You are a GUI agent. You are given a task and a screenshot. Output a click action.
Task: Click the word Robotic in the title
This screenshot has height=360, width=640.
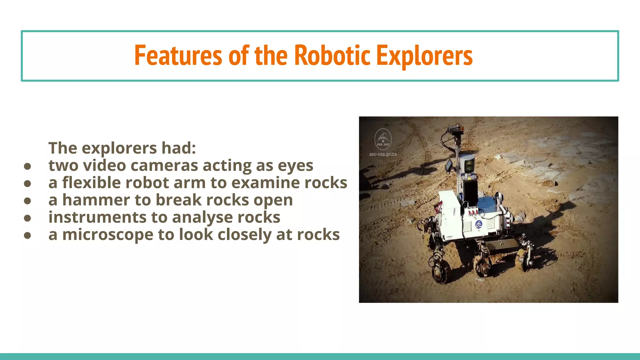click(332, 56)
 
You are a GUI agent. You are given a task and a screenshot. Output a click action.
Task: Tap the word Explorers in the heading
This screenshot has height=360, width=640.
click(424, 56)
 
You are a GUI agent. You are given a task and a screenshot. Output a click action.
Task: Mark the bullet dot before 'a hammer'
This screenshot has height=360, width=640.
click(27, 201)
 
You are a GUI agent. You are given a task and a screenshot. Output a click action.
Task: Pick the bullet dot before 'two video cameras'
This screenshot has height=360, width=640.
click(27, 166)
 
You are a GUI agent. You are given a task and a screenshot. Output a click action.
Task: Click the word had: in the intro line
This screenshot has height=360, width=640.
click(178, 148)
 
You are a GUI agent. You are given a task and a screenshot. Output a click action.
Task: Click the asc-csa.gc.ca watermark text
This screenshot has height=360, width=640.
click(383, 154)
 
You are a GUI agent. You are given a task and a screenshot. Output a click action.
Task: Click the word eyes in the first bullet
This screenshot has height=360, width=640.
click(295, 165)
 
